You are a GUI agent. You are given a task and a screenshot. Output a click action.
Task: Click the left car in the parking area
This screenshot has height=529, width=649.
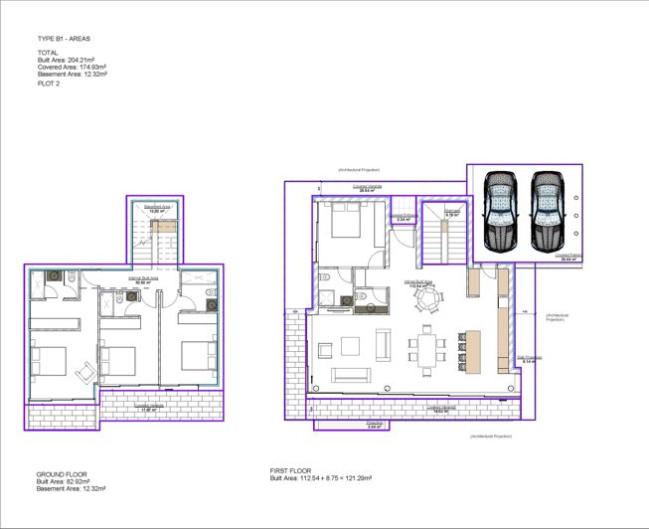501,212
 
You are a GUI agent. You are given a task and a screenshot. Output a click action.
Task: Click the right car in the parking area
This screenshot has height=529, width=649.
546,212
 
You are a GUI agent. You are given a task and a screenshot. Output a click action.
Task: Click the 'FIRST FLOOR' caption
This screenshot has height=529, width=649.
297,469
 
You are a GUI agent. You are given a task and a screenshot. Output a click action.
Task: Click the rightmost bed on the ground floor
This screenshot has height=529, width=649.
196,353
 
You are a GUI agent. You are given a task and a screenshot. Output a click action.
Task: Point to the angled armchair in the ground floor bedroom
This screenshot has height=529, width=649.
88,371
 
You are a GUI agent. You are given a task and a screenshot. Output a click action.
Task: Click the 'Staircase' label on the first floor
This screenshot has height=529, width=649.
450,212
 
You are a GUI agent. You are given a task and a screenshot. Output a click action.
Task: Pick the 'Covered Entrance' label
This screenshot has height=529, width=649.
402,216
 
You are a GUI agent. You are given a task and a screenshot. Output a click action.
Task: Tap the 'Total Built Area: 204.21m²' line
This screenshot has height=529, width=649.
66,60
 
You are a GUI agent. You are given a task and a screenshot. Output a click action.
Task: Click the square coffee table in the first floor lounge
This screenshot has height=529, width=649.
350,346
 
